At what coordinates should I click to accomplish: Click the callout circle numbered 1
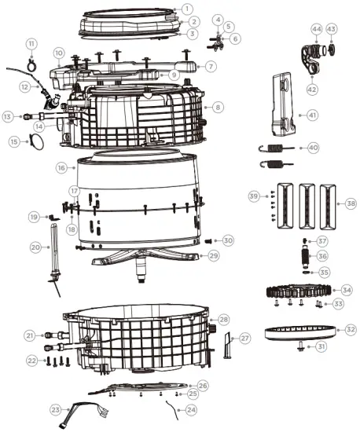(186, 8)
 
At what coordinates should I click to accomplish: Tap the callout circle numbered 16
(61, 167)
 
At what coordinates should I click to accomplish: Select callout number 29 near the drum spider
(213, 255)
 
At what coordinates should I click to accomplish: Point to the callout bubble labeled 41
(311, 115)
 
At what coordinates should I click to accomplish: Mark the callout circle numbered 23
(56, 409)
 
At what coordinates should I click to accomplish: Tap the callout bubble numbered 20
(35, 247)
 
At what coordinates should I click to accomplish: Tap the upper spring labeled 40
(276, 148)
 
